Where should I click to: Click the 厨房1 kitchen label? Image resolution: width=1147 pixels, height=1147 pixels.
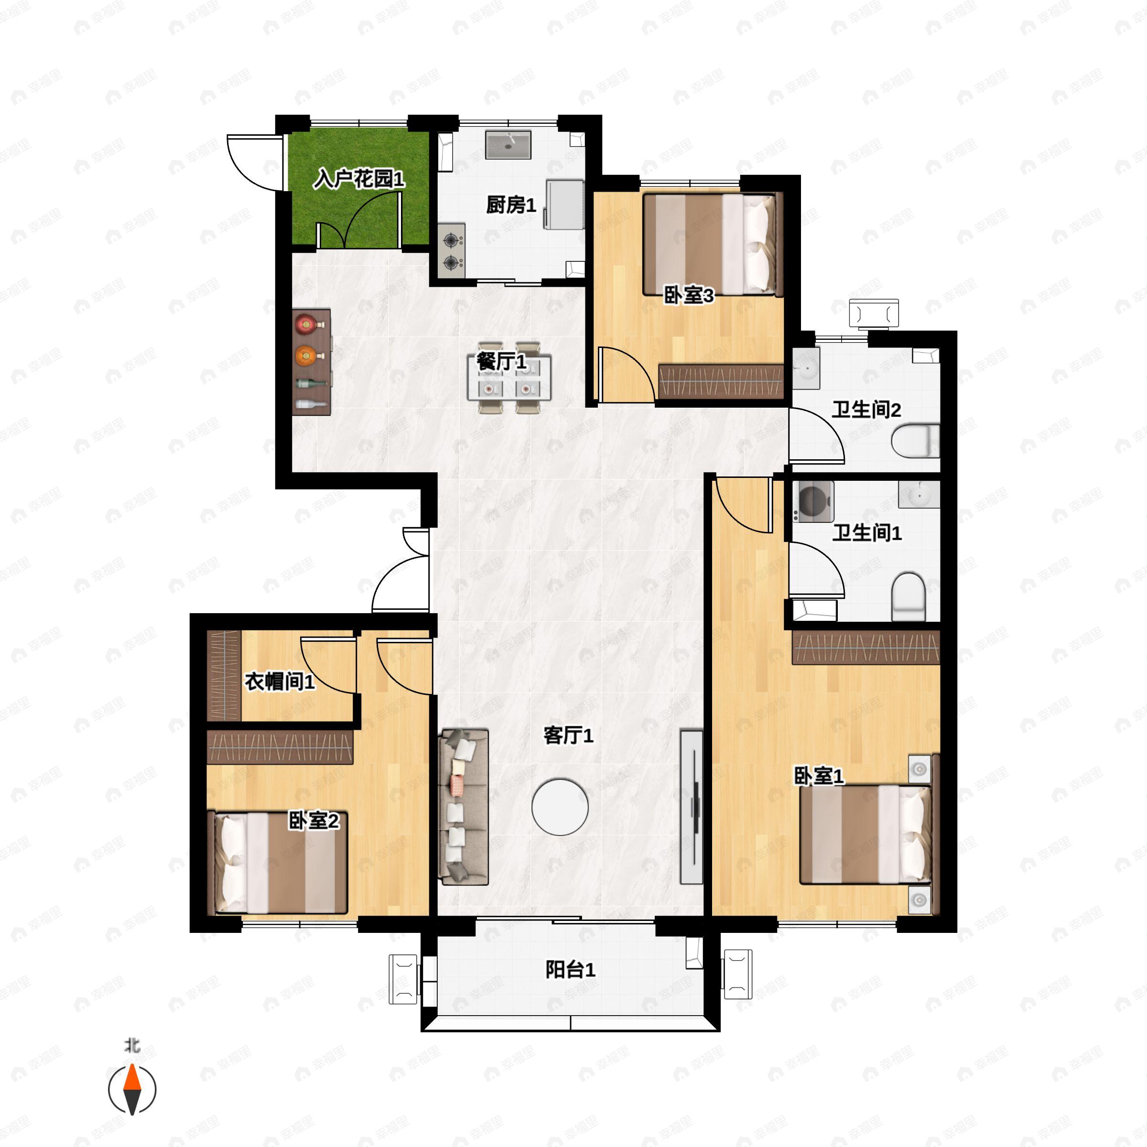510,205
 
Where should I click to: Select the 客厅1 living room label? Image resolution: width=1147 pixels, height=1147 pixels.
568,736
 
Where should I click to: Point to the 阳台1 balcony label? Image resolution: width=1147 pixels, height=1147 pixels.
570,920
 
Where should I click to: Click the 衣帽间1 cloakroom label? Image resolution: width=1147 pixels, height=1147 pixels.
280,682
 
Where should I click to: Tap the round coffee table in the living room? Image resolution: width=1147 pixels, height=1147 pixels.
560,807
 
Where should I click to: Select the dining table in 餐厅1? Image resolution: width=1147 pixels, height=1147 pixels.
509,378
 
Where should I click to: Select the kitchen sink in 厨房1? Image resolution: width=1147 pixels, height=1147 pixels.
508,145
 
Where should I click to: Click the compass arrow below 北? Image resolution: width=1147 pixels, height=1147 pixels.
132,1090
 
